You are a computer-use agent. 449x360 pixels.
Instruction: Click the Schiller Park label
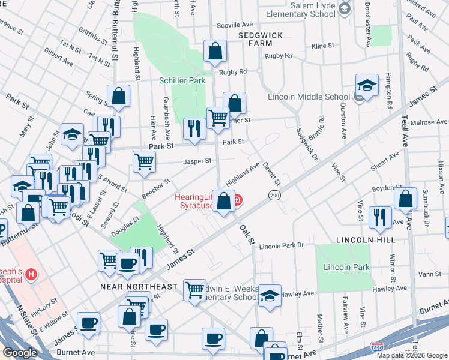tap(182, 81)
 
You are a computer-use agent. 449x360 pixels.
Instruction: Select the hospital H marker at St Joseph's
tap(30, 274)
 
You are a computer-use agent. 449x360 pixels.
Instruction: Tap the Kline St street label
tap(322, 46)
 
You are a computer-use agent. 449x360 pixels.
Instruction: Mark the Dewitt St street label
tap(272, 175)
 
